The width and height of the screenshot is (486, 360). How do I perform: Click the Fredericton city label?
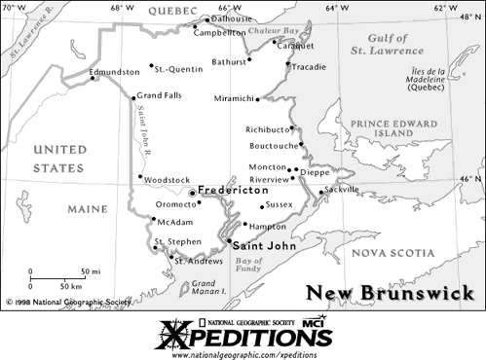[x=233, y=191]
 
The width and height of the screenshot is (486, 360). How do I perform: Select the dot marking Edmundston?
[x=93, y=79]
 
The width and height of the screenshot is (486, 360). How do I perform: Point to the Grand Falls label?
[x=159, y=95]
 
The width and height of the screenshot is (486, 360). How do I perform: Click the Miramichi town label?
[x=235, y=98]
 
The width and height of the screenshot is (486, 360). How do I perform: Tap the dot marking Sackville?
[x=321, y=193]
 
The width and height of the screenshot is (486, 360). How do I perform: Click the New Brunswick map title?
[x=390, y=293]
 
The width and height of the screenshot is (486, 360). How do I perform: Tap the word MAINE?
[x=88, y=209]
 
